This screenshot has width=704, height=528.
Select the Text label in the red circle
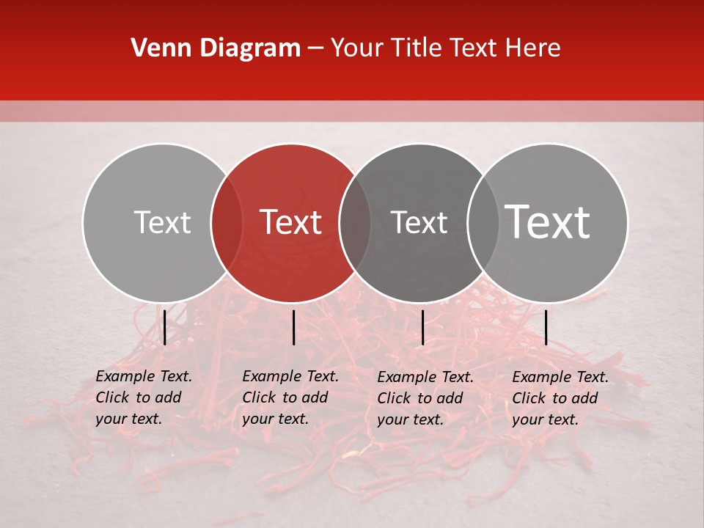click(291, 222)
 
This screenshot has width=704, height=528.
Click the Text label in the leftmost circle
click(162, 222)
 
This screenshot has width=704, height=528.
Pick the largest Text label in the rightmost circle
click(548, 222)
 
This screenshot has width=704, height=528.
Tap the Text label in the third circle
click(419, 222)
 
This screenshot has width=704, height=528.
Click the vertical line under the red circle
click(293, 327)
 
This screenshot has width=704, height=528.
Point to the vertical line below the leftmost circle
click(165, 327)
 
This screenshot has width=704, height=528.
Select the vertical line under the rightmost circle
click(546, 327)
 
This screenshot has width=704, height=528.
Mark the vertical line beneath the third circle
click(422, 327)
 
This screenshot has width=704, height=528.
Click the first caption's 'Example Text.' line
click(144, 377)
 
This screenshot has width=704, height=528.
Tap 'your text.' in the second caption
click(275, 419)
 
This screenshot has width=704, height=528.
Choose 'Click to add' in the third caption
click(420, 398)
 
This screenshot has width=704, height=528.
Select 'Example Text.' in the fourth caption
click(560, 378)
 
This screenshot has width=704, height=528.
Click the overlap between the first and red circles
click(227, 223)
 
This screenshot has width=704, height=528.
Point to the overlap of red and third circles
click(355, 223)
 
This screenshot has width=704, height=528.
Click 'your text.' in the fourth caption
click(545, 419)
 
